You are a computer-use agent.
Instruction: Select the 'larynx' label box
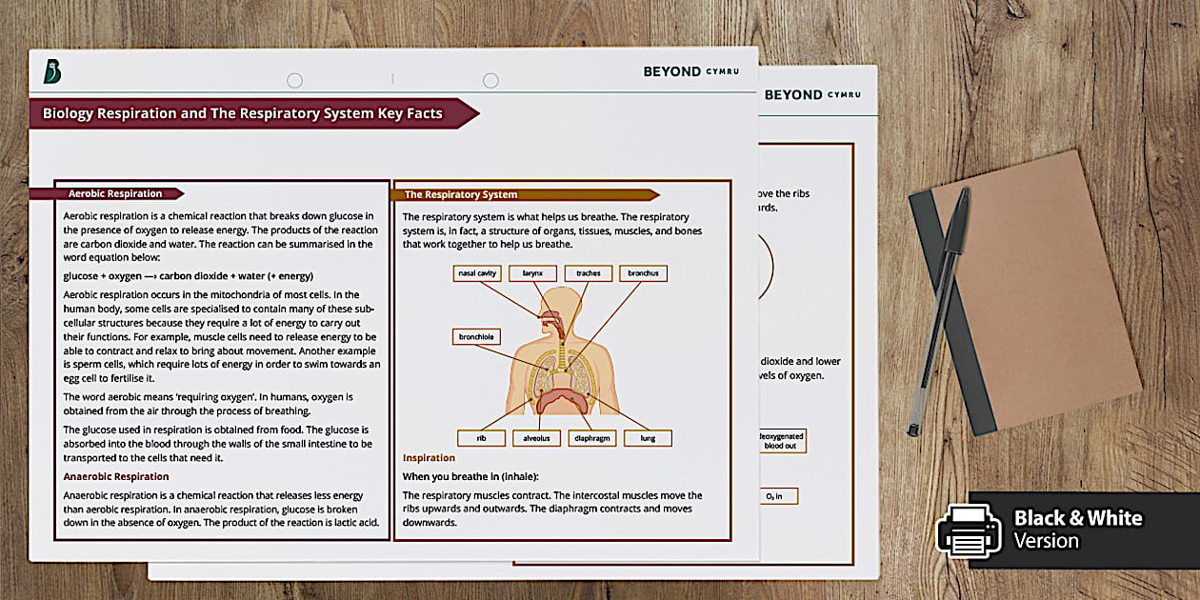point(532,273)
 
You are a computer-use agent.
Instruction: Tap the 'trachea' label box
point(588,273)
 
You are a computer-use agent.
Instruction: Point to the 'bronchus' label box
point(643,273)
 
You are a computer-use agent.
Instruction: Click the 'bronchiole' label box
point(476,337)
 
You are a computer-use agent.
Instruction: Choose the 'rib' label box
point(482,439)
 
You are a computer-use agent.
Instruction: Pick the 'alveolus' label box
point(537,439)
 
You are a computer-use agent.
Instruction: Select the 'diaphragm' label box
point(592,439)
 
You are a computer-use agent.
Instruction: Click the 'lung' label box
point(648,439)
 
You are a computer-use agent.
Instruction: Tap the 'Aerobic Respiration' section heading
point(115,193)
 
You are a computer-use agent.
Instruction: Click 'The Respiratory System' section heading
point(461,194)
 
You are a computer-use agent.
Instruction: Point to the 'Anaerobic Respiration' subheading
point(116,476)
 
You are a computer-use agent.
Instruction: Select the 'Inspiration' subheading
point(429,458)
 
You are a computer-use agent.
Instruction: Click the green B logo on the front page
point(52,71)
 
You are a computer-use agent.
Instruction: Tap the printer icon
point(969,530)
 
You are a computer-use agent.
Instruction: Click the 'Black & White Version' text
point(1076,530)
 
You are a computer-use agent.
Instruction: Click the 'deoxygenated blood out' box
point(781,440)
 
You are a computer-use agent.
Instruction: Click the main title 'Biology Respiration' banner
point(243,113)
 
